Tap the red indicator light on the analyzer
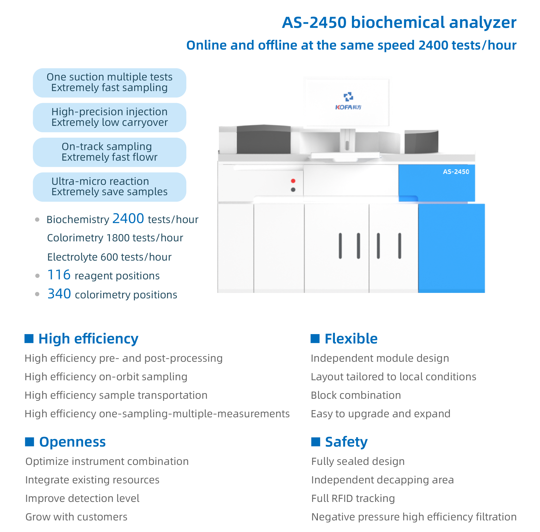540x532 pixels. [293, 181]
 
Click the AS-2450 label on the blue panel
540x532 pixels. [456, 171]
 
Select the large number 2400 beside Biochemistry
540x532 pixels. [128, 219]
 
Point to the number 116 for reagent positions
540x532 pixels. [59, 275]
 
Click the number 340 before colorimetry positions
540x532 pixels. [59, 294]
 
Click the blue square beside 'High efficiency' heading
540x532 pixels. [29, 338]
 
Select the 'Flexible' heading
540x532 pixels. [351, 339]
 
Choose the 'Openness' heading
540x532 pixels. [72, 442]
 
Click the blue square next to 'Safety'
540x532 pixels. [316, 442]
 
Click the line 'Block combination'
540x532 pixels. [356, 395]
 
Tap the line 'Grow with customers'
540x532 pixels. [76, 517]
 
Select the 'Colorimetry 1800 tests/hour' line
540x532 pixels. [115, 238]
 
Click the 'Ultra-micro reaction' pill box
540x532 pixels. [110, 187]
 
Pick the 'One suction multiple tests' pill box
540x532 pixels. [110, 82]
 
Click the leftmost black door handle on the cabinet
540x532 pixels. [340, 246]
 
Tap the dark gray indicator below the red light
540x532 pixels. [293, 190]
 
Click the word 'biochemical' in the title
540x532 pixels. [398, 22]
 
